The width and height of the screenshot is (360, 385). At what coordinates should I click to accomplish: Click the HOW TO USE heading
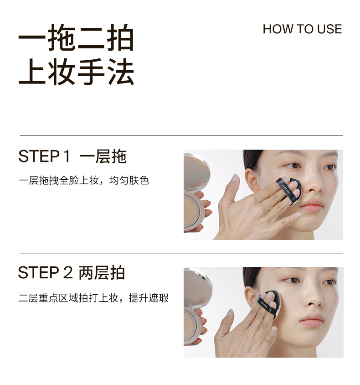(302, 29)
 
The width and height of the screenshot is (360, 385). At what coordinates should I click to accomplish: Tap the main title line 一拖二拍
(76, 37)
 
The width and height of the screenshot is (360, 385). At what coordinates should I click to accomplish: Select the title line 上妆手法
(76, 72)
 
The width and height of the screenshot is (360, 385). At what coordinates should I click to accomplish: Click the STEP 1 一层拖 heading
(72, 156)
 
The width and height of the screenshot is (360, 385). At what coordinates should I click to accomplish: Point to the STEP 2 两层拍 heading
(72, 272)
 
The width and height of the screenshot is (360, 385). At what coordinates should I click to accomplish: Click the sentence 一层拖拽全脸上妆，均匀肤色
(84, 180)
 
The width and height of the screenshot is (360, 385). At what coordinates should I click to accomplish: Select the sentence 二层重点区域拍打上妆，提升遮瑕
(94, 298)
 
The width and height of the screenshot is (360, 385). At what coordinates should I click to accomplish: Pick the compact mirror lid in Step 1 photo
(196, 172)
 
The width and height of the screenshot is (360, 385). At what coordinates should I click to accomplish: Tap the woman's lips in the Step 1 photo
(311, 205)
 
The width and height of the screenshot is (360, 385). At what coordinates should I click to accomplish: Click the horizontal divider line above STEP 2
(181, 254)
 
